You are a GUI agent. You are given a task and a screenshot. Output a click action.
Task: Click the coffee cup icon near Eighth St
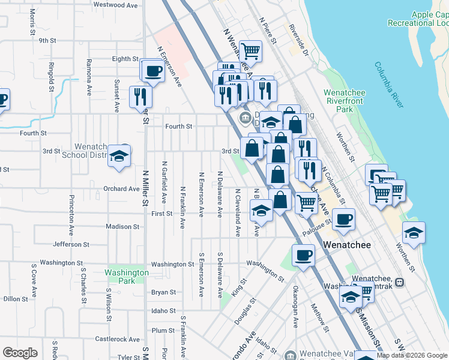(x=152, y=71)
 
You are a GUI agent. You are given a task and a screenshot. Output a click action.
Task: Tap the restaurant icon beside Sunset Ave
(x=140, y=97)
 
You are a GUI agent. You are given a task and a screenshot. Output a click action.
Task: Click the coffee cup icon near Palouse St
(x=343, y=220)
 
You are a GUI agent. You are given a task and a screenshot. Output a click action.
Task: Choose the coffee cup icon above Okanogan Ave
(x=303, y=255)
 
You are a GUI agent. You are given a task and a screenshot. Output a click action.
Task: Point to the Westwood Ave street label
(x=115, y=5)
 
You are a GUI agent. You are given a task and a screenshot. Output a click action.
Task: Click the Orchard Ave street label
(x=121, y=188)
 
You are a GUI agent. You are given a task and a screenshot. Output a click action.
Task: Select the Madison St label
(x=122, y=227)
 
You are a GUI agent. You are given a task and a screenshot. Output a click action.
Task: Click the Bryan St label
(x=163, y=293)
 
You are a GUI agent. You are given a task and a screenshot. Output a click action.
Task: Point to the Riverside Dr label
(x=298, y=40)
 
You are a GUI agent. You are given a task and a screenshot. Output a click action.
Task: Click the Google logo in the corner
(x=20, y=353)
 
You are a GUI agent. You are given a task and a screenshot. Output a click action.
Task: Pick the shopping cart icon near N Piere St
(x=250, y=51)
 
